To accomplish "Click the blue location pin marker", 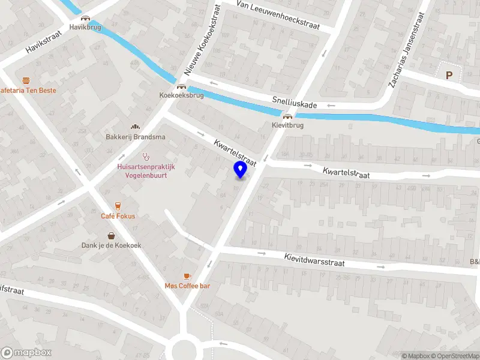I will pyautogui.click(x=241, y=169).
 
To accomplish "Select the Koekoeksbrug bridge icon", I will pyautogui.click(x=181, y=86).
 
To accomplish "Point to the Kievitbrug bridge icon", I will pyautogui.click(x=288, y=117).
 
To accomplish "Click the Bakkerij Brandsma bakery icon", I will pyautogui.click(x=136, y=127).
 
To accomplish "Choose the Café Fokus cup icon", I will pyautogui.click(x=118, y=206).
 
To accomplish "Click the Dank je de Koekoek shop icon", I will pyautogui.click(x=112, y=235).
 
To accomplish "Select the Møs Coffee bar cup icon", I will pyautogui.click(x=187, y=275).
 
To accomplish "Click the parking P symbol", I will pyautogui.click(x=449, y=75).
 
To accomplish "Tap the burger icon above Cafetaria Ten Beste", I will pyautogui.click(x=26, y=80).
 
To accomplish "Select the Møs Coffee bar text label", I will pyautogui.click(x=187, y=286).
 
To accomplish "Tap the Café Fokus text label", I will pyautogui.click(x=118, y=216).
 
